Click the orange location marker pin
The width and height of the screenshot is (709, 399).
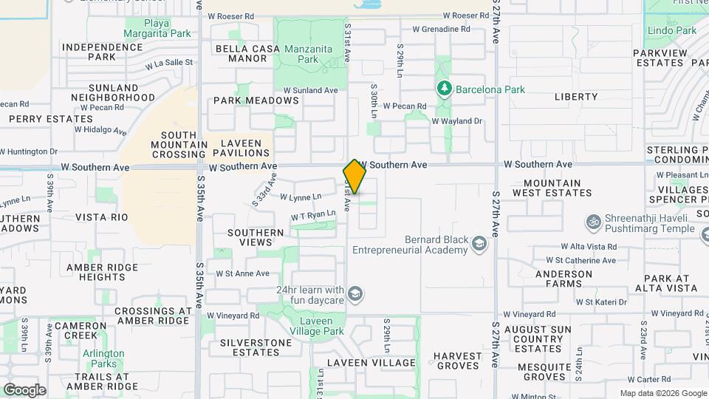pyautogui.click(x=355, y=177)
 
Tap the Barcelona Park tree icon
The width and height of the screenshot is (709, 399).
pyautogui.click(x=444, y=89)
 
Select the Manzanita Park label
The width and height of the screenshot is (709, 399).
pyautogui.click(x=309, y=54)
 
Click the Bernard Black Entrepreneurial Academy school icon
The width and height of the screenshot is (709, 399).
pyautogui.click(x=480, y=244)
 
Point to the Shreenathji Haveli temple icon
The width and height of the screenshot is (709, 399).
pyautogui.click(x=592, y=222)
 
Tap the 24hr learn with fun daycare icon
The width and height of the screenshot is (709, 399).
pyautogui.click(x=355, y=296)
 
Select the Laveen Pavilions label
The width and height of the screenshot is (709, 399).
pyautogui.click(x=241, y=147)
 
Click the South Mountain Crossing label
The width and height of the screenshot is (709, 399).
pyautogui.click(x=168, y=145)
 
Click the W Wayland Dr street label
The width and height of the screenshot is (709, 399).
pyautogui.click(x=456, y=121)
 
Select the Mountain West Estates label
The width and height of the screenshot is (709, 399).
pyautogui.click(x=558, y=188)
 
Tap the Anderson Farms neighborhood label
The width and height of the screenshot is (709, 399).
pyautogui.click(x=564, y=279)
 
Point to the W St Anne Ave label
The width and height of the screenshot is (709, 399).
pyautogui.click(x=242, y=273)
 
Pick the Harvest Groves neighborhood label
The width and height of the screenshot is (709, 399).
pyautogui.click(x=457, y=361)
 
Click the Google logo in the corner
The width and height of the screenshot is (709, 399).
pyautogui.click(x=24, y=390)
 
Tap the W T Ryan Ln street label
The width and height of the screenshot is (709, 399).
pyautogui.click(x=313, y=215)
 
